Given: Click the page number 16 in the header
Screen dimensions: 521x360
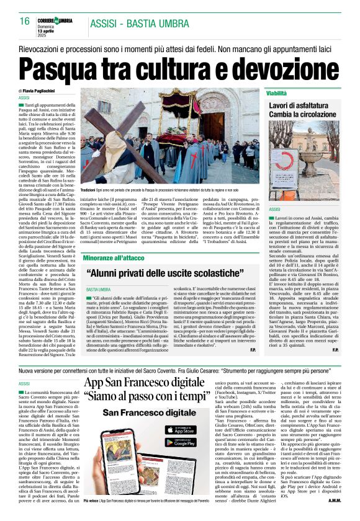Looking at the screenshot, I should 24,21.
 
